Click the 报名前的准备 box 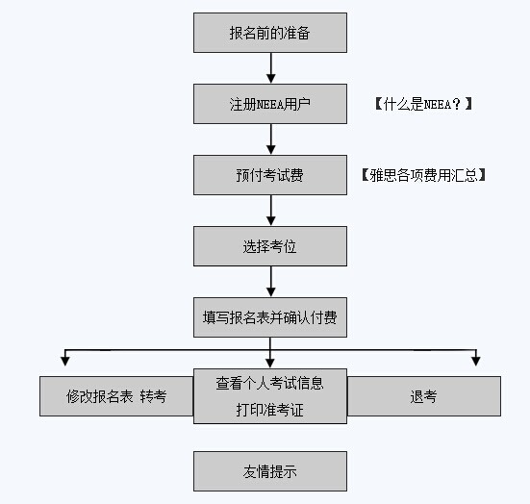click(270, 33)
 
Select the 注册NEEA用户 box click(270, 104)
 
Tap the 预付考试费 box click(270, 175)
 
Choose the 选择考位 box click(270, 246)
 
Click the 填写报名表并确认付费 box click(270, 317)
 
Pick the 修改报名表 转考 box click(116, 396)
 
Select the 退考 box click(424, 396)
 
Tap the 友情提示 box click(270, 471)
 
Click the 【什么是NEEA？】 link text click(423, 104)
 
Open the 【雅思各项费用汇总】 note click(423, 175)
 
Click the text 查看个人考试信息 click(269, 384)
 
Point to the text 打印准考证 click(269, 410)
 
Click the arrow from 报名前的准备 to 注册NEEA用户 click(270, 68)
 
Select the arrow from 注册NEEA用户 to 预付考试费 click(270, 139)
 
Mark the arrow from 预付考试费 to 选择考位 click(270, 211)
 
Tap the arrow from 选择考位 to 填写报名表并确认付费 click(270, 281)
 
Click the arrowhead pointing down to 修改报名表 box click(64, 362)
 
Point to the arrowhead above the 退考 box click(476, 362)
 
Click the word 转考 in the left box click(153, 396)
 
